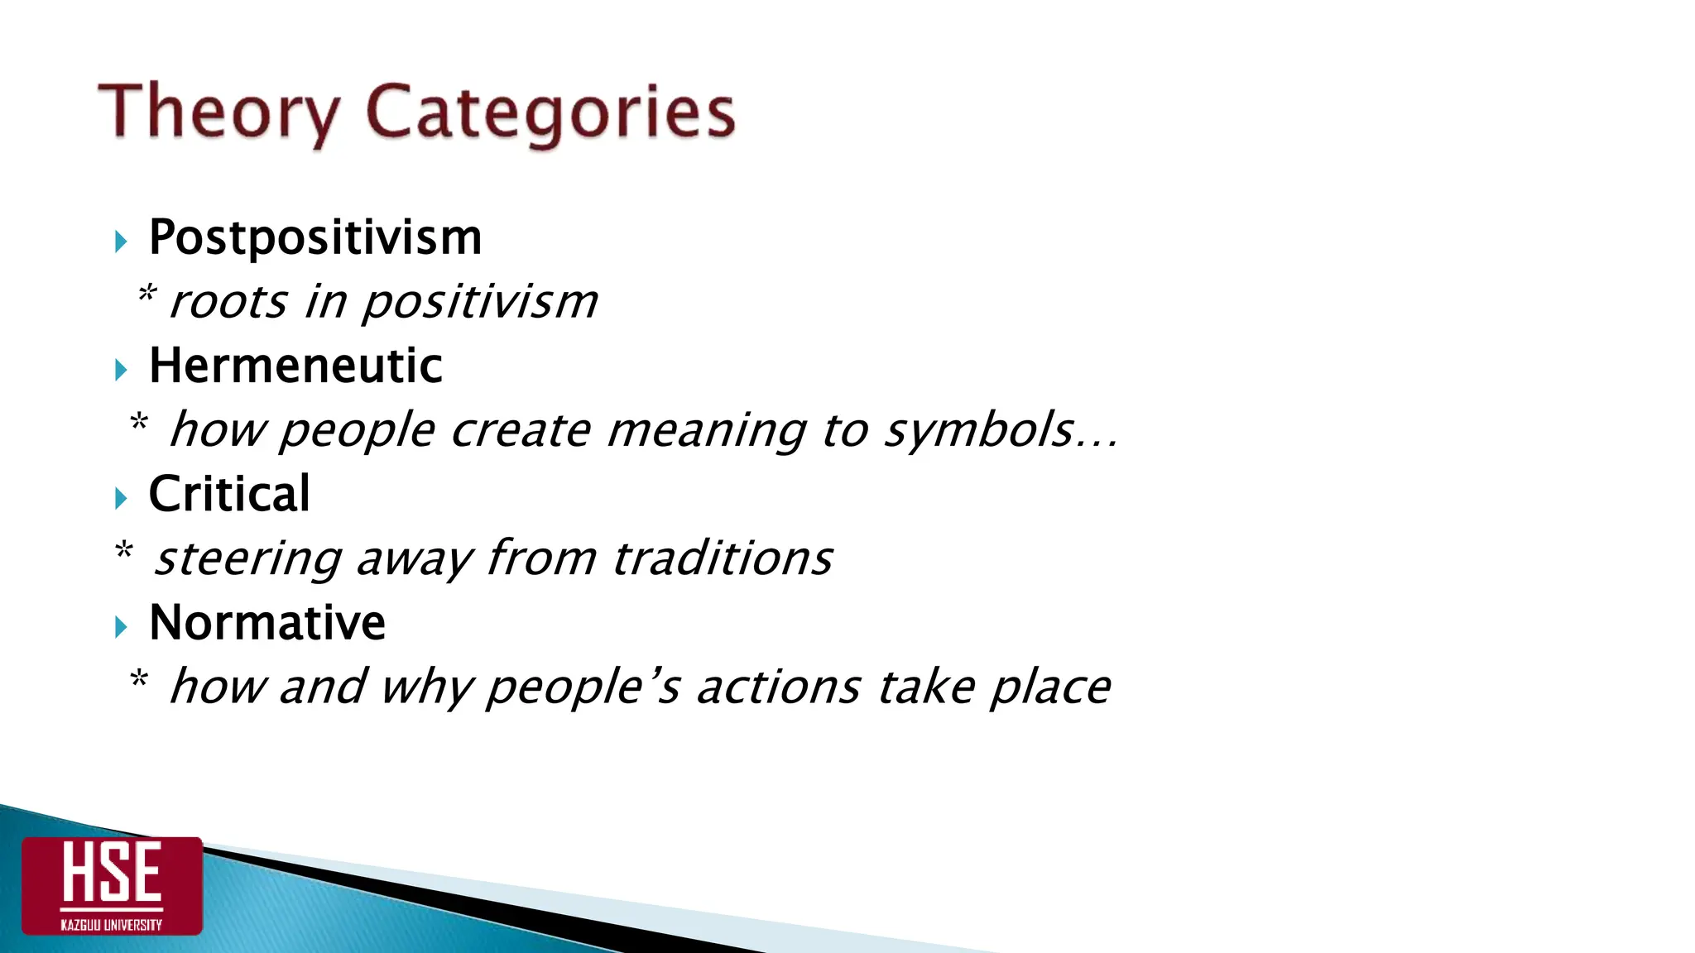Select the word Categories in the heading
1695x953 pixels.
[550, 113]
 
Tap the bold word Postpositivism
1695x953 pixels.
[315, 238]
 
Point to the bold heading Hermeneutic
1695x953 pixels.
[295, 366]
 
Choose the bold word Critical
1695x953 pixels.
[229, 494]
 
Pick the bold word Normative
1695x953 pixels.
[267, 622]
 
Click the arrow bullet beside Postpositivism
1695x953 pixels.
[122, 242]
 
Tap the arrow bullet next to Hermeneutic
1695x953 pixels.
[122, 370]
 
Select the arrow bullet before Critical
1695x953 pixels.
[122, 498]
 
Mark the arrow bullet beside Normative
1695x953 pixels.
[122, 626]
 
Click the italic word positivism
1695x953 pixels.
[480, 302]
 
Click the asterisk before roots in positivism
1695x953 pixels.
[146, 294]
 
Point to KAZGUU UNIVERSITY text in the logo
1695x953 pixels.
[112, 924]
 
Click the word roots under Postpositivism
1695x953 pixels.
[228, 302]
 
